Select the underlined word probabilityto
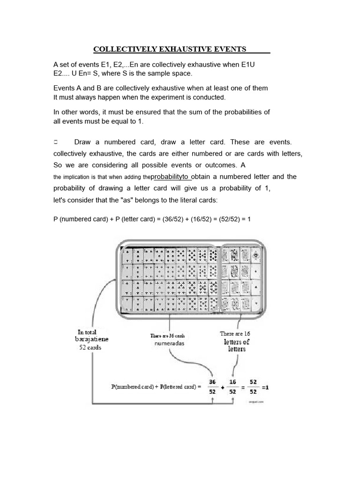[172, 176]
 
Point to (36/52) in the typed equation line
[174, 219]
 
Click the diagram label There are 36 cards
[168, 335]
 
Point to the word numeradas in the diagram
[170, 344]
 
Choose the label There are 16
[235, 333]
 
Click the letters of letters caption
[237, 345]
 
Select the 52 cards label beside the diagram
[90, 347]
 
